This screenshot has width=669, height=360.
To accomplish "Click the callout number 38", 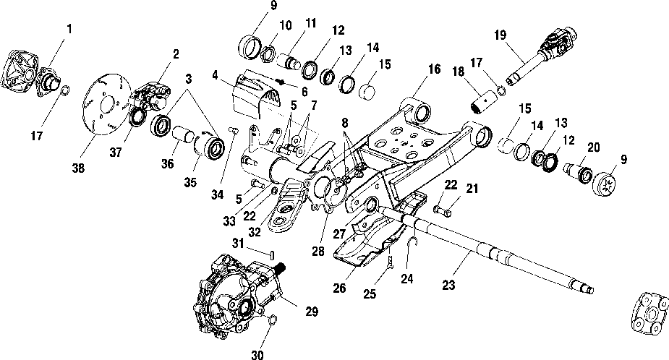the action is [78, 168].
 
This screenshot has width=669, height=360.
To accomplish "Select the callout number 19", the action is [500, 35].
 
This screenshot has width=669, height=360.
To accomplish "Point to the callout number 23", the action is [449, 285].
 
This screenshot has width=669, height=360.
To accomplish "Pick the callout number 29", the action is [312, 312].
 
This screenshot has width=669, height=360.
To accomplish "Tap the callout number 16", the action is [435, 69].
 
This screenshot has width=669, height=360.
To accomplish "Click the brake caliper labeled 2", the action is [151, 98].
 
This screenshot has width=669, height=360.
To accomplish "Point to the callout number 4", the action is [215, 75].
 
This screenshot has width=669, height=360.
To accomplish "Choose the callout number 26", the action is [340, 288].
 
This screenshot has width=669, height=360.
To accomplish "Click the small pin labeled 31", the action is [272, 255].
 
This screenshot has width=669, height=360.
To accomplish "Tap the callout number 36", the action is [168, 163].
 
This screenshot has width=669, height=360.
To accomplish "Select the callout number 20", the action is [594, 147].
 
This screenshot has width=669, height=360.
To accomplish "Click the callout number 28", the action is [318, 252].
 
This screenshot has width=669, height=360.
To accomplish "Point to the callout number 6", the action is [304, 92].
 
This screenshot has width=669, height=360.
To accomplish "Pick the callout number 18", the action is [459, 72].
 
